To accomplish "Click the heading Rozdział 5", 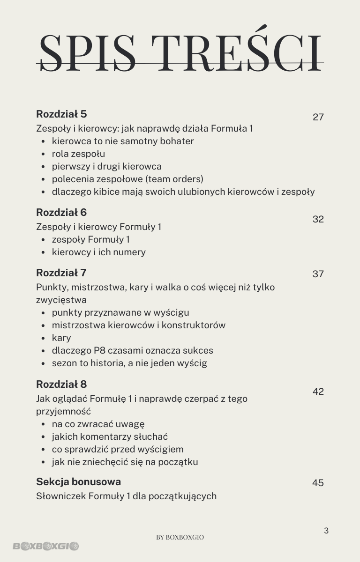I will [x=61, y=114].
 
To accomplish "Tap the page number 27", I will [x=318, y=117].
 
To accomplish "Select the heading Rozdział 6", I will [x=61, y=213].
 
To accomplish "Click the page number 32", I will [x=318, y=219].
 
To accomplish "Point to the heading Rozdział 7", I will [x=61, y=273].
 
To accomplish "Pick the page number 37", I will [x=318, y=274].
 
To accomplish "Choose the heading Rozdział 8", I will [x=61, y=385].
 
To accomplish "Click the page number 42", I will [x=318, y=392].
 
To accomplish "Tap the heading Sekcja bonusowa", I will [x=78, y=481].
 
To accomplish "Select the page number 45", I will [x=318, y=483].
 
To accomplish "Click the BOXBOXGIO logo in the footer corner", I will [x=45, y=546].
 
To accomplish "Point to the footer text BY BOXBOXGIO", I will [x=180, y=537].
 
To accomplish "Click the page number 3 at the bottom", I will [x=326, y=531].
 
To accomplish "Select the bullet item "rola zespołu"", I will [x=78, y=154].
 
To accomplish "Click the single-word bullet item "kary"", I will [x=61, y=338].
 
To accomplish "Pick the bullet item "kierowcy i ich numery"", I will [x=98, y=252].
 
